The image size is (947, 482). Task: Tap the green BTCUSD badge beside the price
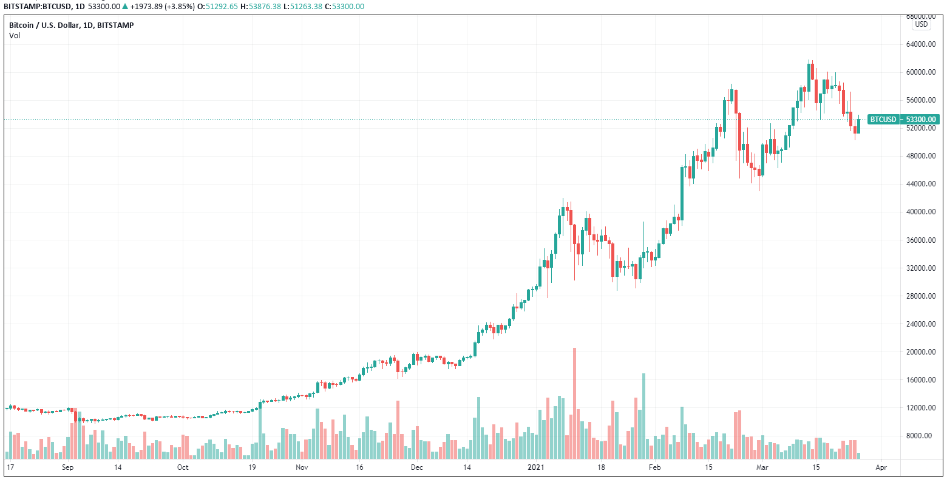click(x=883, y=120)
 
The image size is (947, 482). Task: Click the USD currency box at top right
click(x=922, y=24)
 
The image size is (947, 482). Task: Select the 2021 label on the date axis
click(x=535, y=467)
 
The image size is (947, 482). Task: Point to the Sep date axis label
click(x=67, y=467)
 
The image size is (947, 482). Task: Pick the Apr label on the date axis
click(x=881, y=467)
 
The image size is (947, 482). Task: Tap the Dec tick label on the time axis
click(x=417, y=467)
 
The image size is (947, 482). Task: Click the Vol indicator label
click(x=15, y=35)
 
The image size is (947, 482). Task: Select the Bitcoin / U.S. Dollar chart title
click(x=71, y=25)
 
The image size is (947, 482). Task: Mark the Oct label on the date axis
click(x=183, y=467)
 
